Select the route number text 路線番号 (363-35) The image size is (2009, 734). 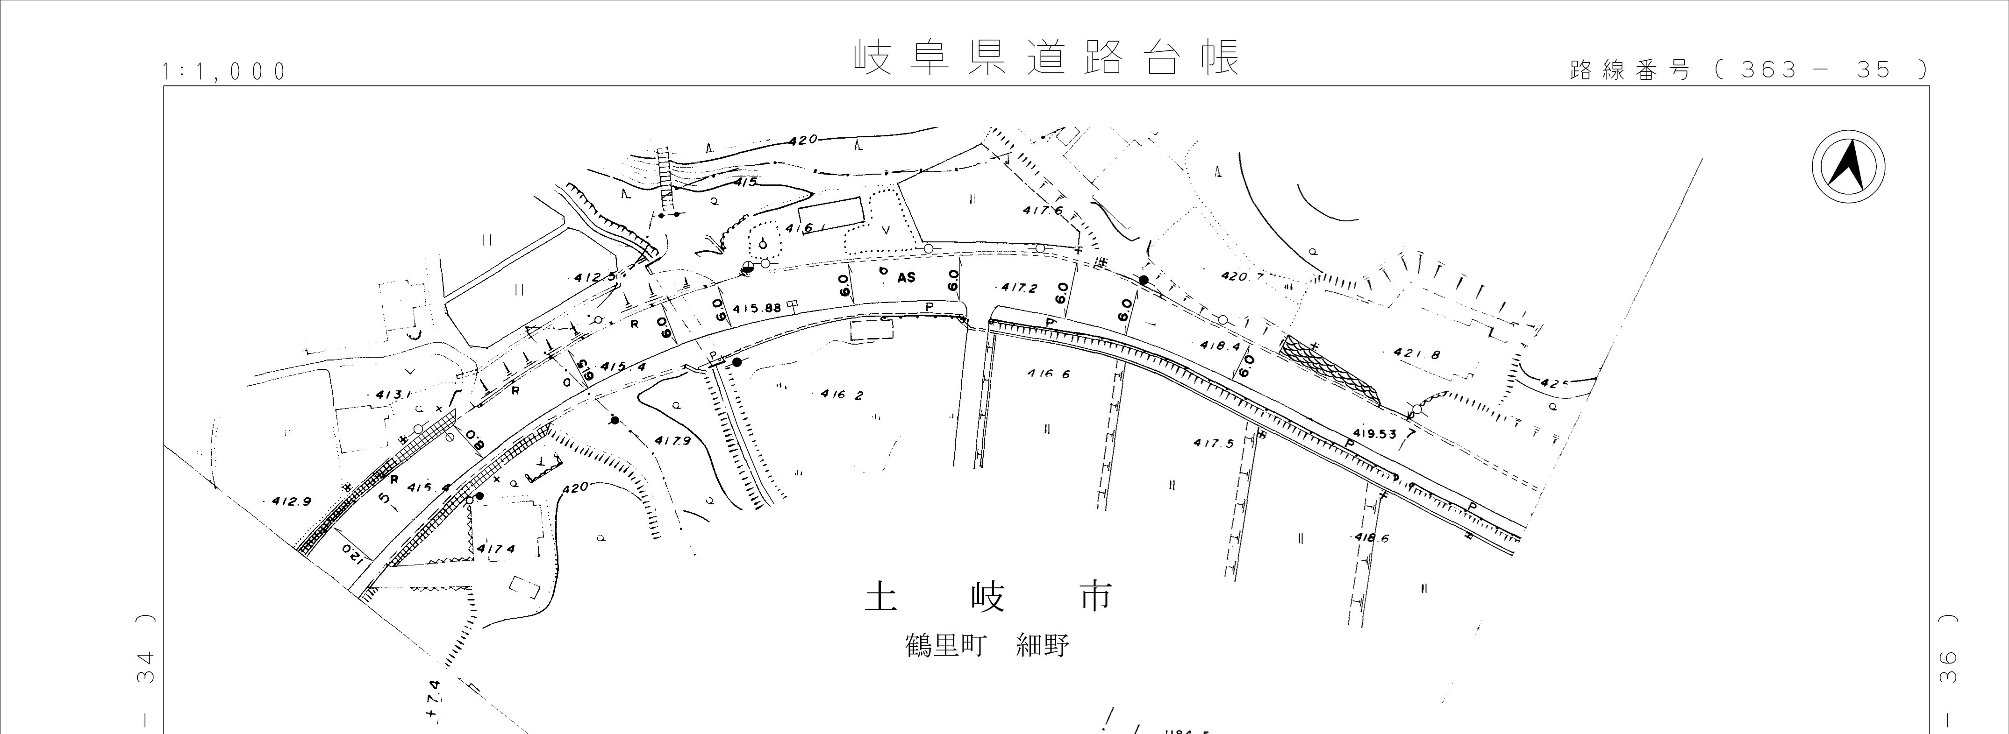pos(1747,70)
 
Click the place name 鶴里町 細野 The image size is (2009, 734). pos(987,646)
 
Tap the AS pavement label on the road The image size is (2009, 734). pos(906,277)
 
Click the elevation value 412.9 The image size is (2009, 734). pos(291,501)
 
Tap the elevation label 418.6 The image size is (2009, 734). pos(1372,537)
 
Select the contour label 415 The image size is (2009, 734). pos(746,182)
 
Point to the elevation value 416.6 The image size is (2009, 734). pos(1049,374)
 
